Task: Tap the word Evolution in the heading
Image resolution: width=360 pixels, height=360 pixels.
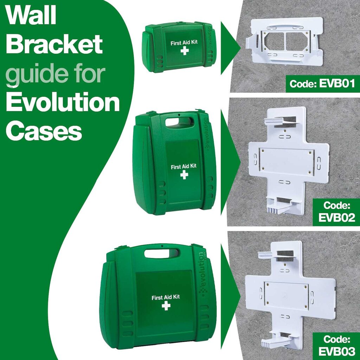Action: [x=63, y=102]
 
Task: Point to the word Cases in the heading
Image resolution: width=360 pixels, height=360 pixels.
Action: [x=44, y=131]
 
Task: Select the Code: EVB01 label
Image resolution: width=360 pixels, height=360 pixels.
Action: [x=321, y=84]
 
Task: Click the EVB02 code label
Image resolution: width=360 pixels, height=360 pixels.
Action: [x=336, y=212]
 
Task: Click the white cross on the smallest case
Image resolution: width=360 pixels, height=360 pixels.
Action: [x=185, y=51]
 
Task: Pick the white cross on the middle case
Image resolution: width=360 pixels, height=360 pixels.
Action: [x=184, y=175]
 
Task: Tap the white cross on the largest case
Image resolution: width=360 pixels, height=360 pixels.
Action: [x=166, y=306]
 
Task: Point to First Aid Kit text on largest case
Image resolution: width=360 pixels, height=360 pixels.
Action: [x=166, y=297]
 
